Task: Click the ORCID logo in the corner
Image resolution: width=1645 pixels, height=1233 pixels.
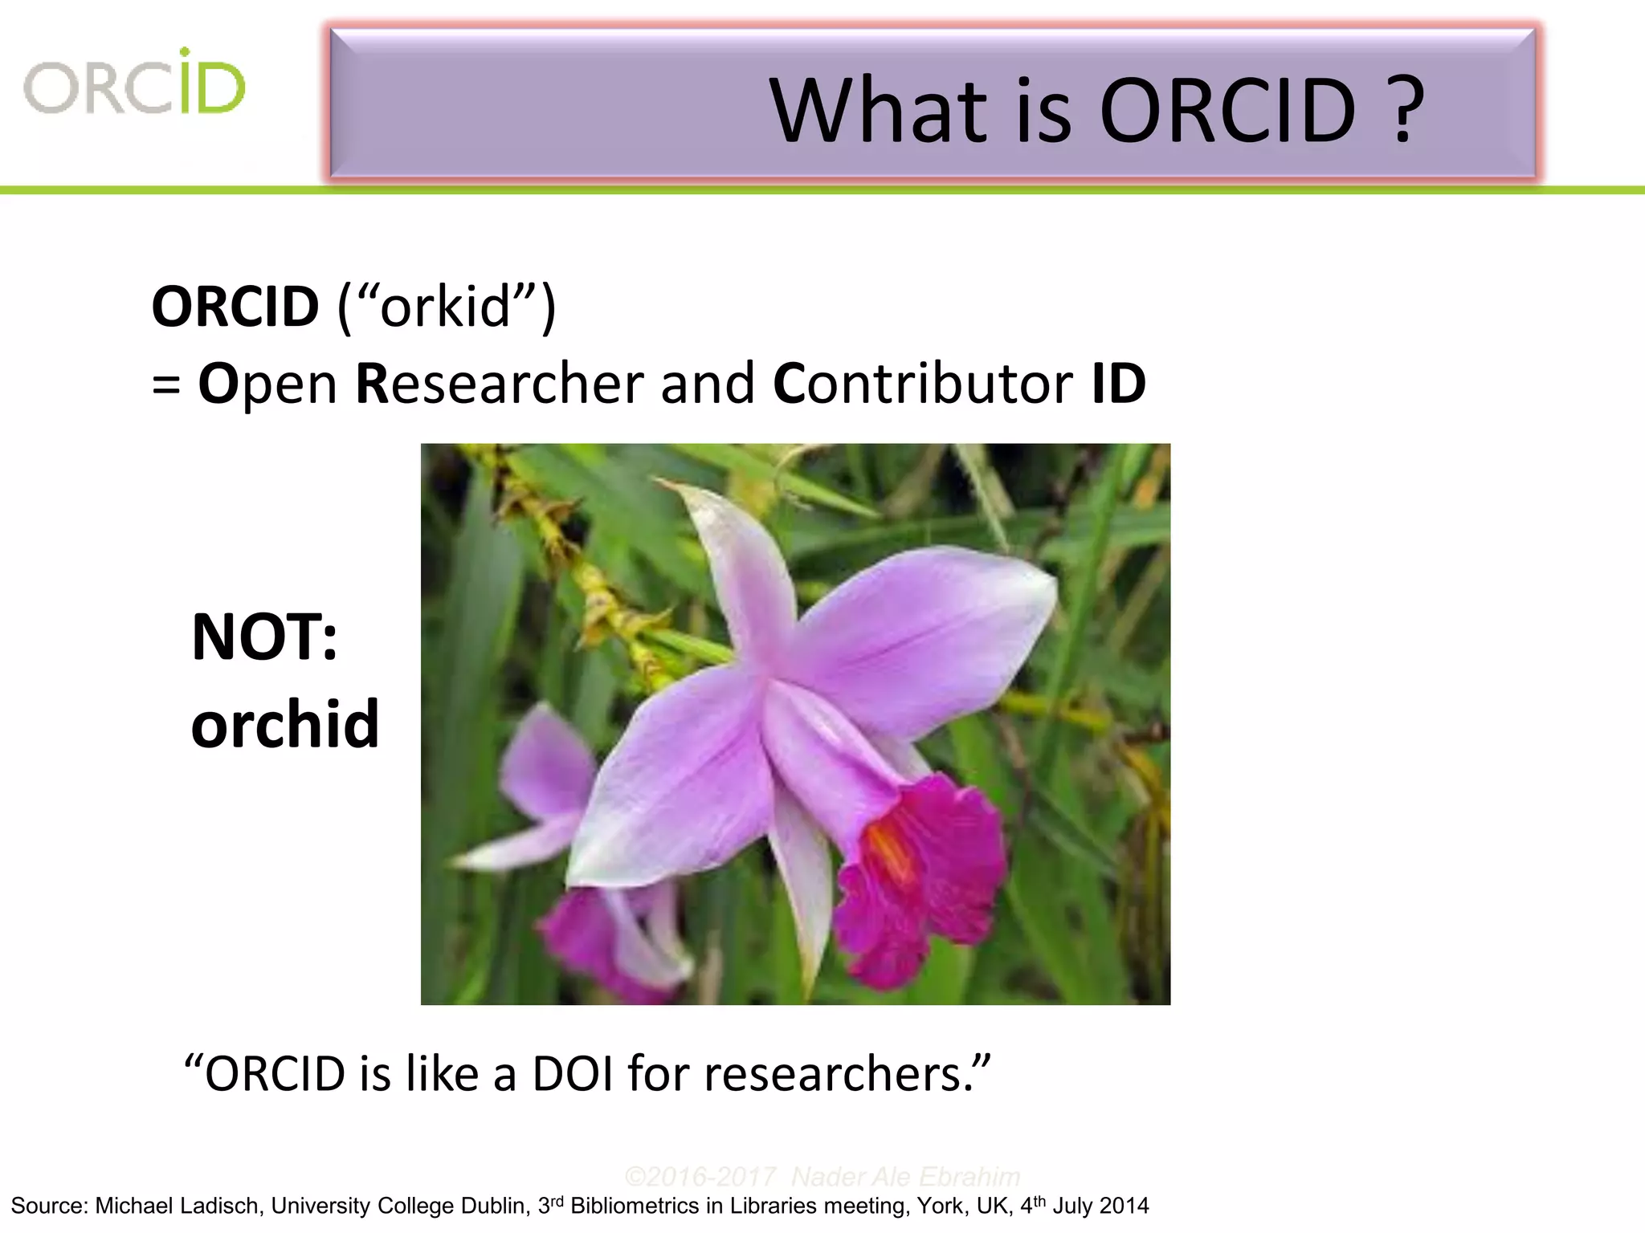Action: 134,83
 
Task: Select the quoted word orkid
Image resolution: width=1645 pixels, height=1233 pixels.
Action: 446,307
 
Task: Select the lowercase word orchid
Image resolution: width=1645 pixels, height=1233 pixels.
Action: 285,724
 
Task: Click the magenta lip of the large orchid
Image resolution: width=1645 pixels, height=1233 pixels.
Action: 924,883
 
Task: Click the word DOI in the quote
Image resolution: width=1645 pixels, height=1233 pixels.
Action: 571,1074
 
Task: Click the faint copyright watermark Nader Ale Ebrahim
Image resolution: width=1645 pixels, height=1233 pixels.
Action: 905,1177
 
